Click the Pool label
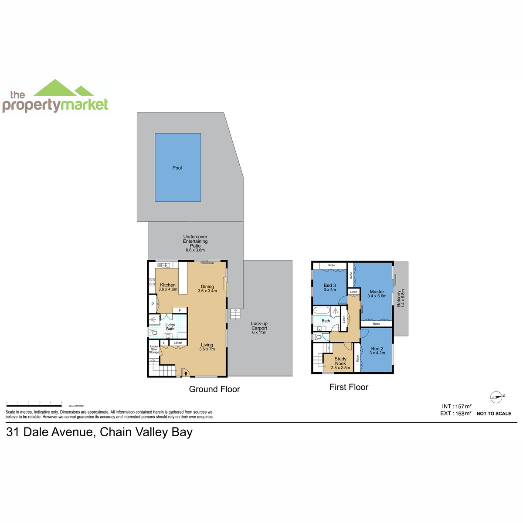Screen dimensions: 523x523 point(177,168)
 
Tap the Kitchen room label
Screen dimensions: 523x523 point(168,285)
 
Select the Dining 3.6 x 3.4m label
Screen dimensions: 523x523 point(207,289)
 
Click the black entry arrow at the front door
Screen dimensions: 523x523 point(186,374)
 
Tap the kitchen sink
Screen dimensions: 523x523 point(164,265)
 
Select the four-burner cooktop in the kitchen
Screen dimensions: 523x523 point(152,282)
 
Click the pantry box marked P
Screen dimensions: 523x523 point(153,304)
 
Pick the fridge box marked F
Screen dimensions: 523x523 point(180,310)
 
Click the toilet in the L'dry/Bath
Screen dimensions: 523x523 point(153,332)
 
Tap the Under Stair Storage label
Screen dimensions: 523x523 point(154,349)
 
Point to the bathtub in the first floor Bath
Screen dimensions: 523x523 point(322,310)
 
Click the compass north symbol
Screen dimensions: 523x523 point(497,397)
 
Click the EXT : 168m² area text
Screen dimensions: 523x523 point(456,413)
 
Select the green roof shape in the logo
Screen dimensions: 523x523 point(63,88)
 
